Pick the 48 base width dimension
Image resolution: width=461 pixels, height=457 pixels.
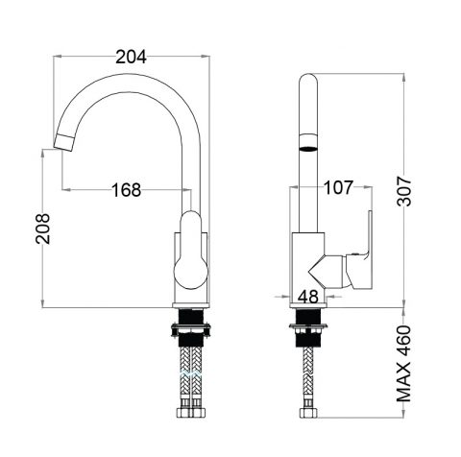pos(309,297)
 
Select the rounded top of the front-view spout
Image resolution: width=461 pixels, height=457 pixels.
pos(308,82)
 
